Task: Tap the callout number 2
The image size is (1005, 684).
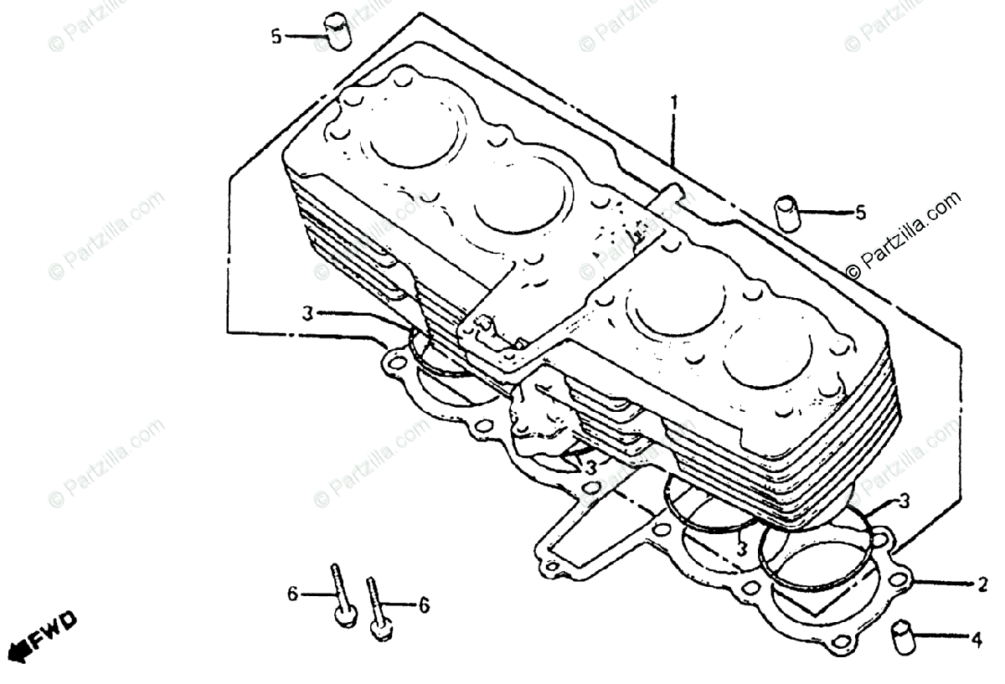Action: coord(982,584)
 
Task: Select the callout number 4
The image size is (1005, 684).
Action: coord(976,640)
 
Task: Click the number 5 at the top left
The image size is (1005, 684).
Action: coord(276,37)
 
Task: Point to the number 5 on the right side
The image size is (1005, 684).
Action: coord(859,213)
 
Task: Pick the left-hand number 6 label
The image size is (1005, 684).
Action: coord(292,594)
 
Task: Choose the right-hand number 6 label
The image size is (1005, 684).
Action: coord(424,604)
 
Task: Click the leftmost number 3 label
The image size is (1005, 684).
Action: coord(308,314)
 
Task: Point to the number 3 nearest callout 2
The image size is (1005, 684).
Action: coord(904,501)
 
